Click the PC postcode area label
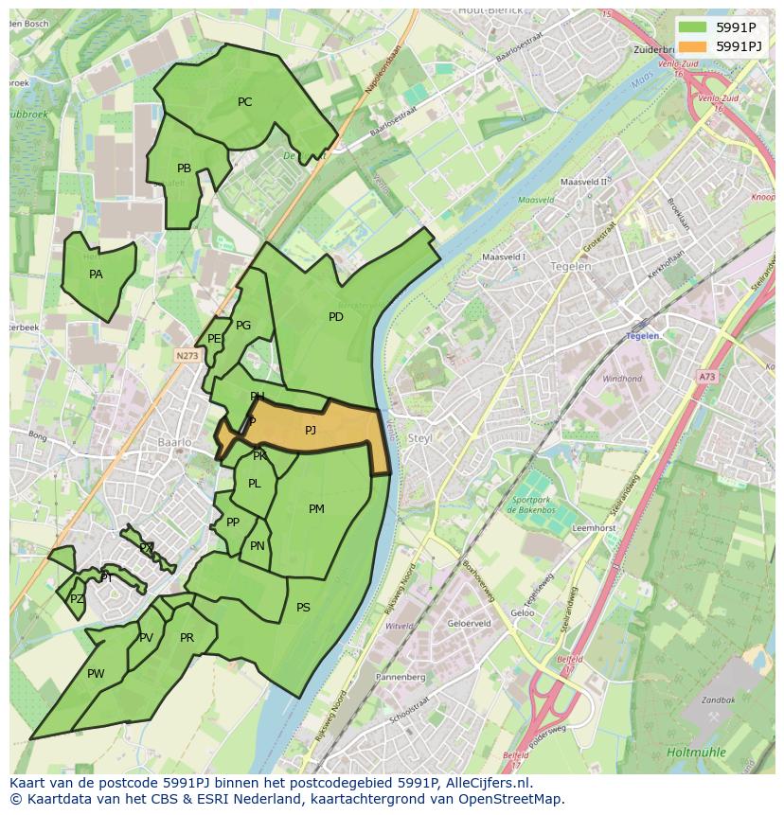pos(244,102)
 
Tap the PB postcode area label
pos(184,168)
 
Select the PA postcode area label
pos(96,275)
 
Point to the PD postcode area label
pos(335,317)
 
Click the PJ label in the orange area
pos(311,431)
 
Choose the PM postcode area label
pos(316,509)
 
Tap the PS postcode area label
pos(303,608)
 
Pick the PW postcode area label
pos(96,674)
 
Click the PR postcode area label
pos(187,638)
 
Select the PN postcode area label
pos(257,546)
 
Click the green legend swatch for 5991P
pos(693,27)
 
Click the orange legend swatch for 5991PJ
pos(693,45)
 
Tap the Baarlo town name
pos(175,442)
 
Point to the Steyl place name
pos(419,438)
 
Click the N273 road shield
pos(187,356)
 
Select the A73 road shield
pos(707,377)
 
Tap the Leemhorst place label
pos(595,528)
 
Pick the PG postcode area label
pos(243,326)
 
